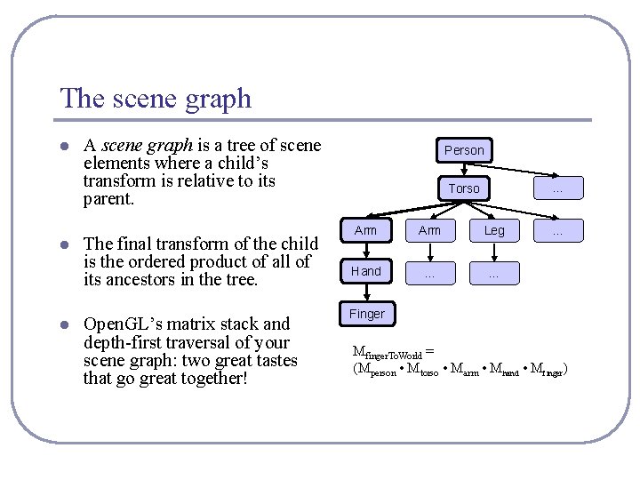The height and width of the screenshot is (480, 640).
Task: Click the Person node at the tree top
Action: (464, 150)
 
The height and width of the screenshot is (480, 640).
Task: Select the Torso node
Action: (464, 188)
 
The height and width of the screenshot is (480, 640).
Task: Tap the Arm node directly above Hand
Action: (366, 230)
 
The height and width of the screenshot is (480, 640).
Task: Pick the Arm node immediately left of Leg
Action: (429, 230)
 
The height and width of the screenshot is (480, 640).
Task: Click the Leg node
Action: (494, 230)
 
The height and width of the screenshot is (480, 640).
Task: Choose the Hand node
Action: (366, 271)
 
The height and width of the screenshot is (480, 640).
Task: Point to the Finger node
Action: (366, 314)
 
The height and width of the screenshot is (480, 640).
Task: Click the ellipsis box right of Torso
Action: (558, 188)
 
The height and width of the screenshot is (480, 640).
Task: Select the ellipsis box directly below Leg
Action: (494, 272)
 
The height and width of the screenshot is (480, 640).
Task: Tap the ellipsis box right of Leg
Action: (558, 230)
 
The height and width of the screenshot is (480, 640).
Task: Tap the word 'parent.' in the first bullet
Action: (108, 199)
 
